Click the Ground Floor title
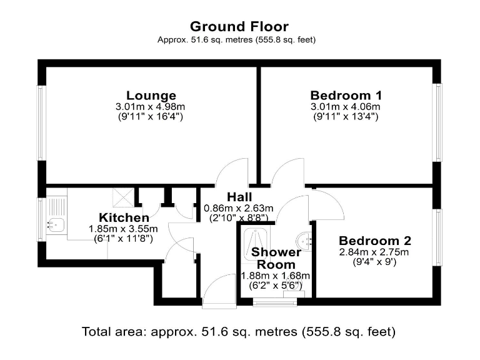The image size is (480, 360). [x=239, y=26]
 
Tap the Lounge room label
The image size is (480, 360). [x=151, y=96]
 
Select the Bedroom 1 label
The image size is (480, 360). [x=346, y=96]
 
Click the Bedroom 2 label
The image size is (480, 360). [x=374, y=241]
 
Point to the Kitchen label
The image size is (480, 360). [x=124, y=218]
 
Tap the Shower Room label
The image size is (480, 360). [x=276, y=258]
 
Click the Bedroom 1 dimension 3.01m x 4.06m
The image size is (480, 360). [x=346, y=107]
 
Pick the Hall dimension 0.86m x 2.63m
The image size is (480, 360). [x=240, y=208]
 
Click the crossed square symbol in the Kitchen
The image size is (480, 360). [x=122, y=197]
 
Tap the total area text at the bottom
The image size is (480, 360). [x=239, y=331]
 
